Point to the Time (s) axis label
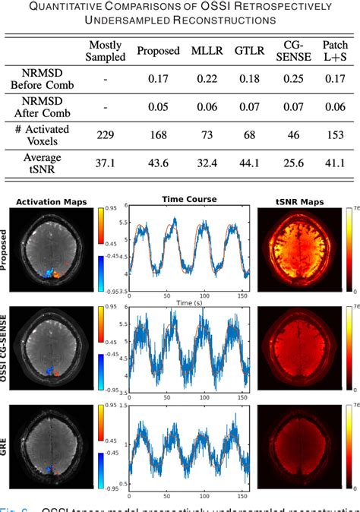click(189, 302)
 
